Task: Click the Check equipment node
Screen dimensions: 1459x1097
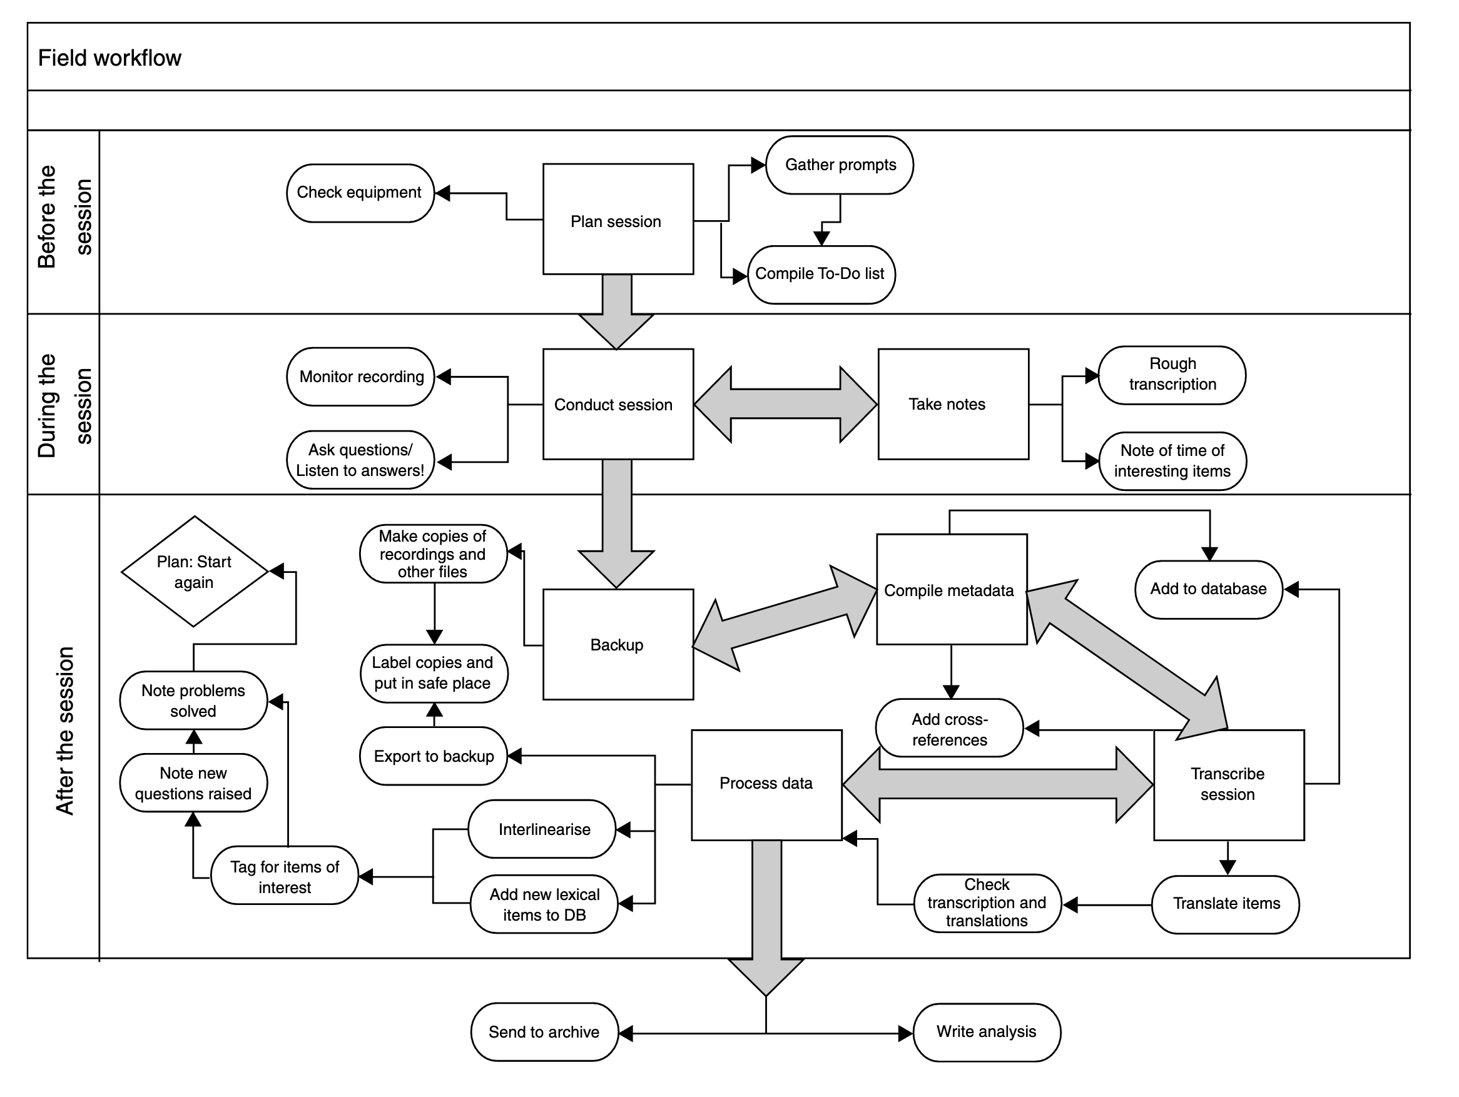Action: (x=360, y=193)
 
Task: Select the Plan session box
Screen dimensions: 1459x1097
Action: (x=618, y=219)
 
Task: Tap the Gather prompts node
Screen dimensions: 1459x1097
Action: (x=840, y=165)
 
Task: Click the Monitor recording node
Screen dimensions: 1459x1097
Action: (x=360, y=377)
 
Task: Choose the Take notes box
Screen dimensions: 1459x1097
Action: (x=953, y=404)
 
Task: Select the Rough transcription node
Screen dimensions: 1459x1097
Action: (x=1172, y=375)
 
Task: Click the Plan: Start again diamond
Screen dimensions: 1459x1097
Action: (x=195, y=571)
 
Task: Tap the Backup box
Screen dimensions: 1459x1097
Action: (x=618, y=644)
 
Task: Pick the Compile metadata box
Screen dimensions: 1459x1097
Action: (x=952, y=589)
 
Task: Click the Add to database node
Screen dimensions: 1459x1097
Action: (x=1208, y=589)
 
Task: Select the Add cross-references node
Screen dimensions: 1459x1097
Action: (x=949, y=728)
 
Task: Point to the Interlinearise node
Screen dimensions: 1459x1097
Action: (x=542, y=829)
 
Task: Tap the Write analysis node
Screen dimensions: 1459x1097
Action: (x=987, y=1033)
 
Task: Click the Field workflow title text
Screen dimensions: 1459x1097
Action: (x=109, y=58)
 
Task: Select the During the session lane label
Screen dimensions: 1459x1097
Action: (x=64, y=405)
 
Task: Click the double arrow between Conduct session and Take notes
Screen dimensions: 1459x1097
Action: (x=786, y=404)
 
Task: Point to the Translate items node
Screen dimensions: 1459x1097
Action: (x=1226, y=904)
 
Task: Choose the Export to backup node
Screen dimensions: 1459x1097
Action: (x=434, y=756)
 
